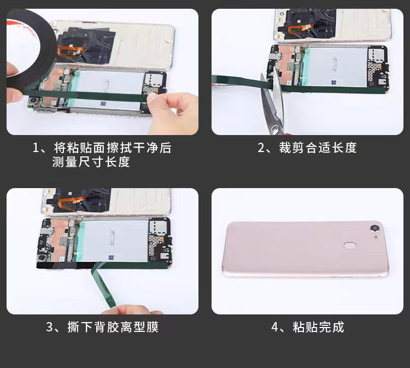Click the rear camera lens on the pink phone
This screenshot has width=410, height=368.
tap(376, 229)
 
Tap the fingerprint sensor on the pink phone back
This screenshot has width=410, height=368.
tap(350, 246)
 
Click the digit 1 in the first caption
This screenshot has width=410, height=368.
tap(36, 148)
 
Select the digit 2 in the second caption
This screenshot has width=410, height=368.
tap(261, 148)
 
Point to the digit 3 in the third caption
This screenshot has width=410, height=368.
tap(49, 327)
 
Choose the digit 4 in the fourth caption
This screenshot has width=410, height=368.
tap(274, 327)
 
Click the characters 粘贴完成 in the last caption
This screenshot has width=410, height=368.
tap(318, 327)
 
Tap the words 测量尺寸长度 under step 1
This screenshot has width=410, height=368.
tap(91, 162)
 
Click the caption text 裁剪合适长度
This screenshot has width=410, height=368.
tap(318, 148)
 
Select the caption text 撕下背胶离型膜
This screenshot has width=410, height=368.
tap(113, 327)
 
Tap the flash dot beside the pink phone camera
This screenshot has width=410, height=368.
tap(376, 237)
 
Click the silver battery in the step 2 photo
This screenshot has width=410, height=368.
tap(336, 67)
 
